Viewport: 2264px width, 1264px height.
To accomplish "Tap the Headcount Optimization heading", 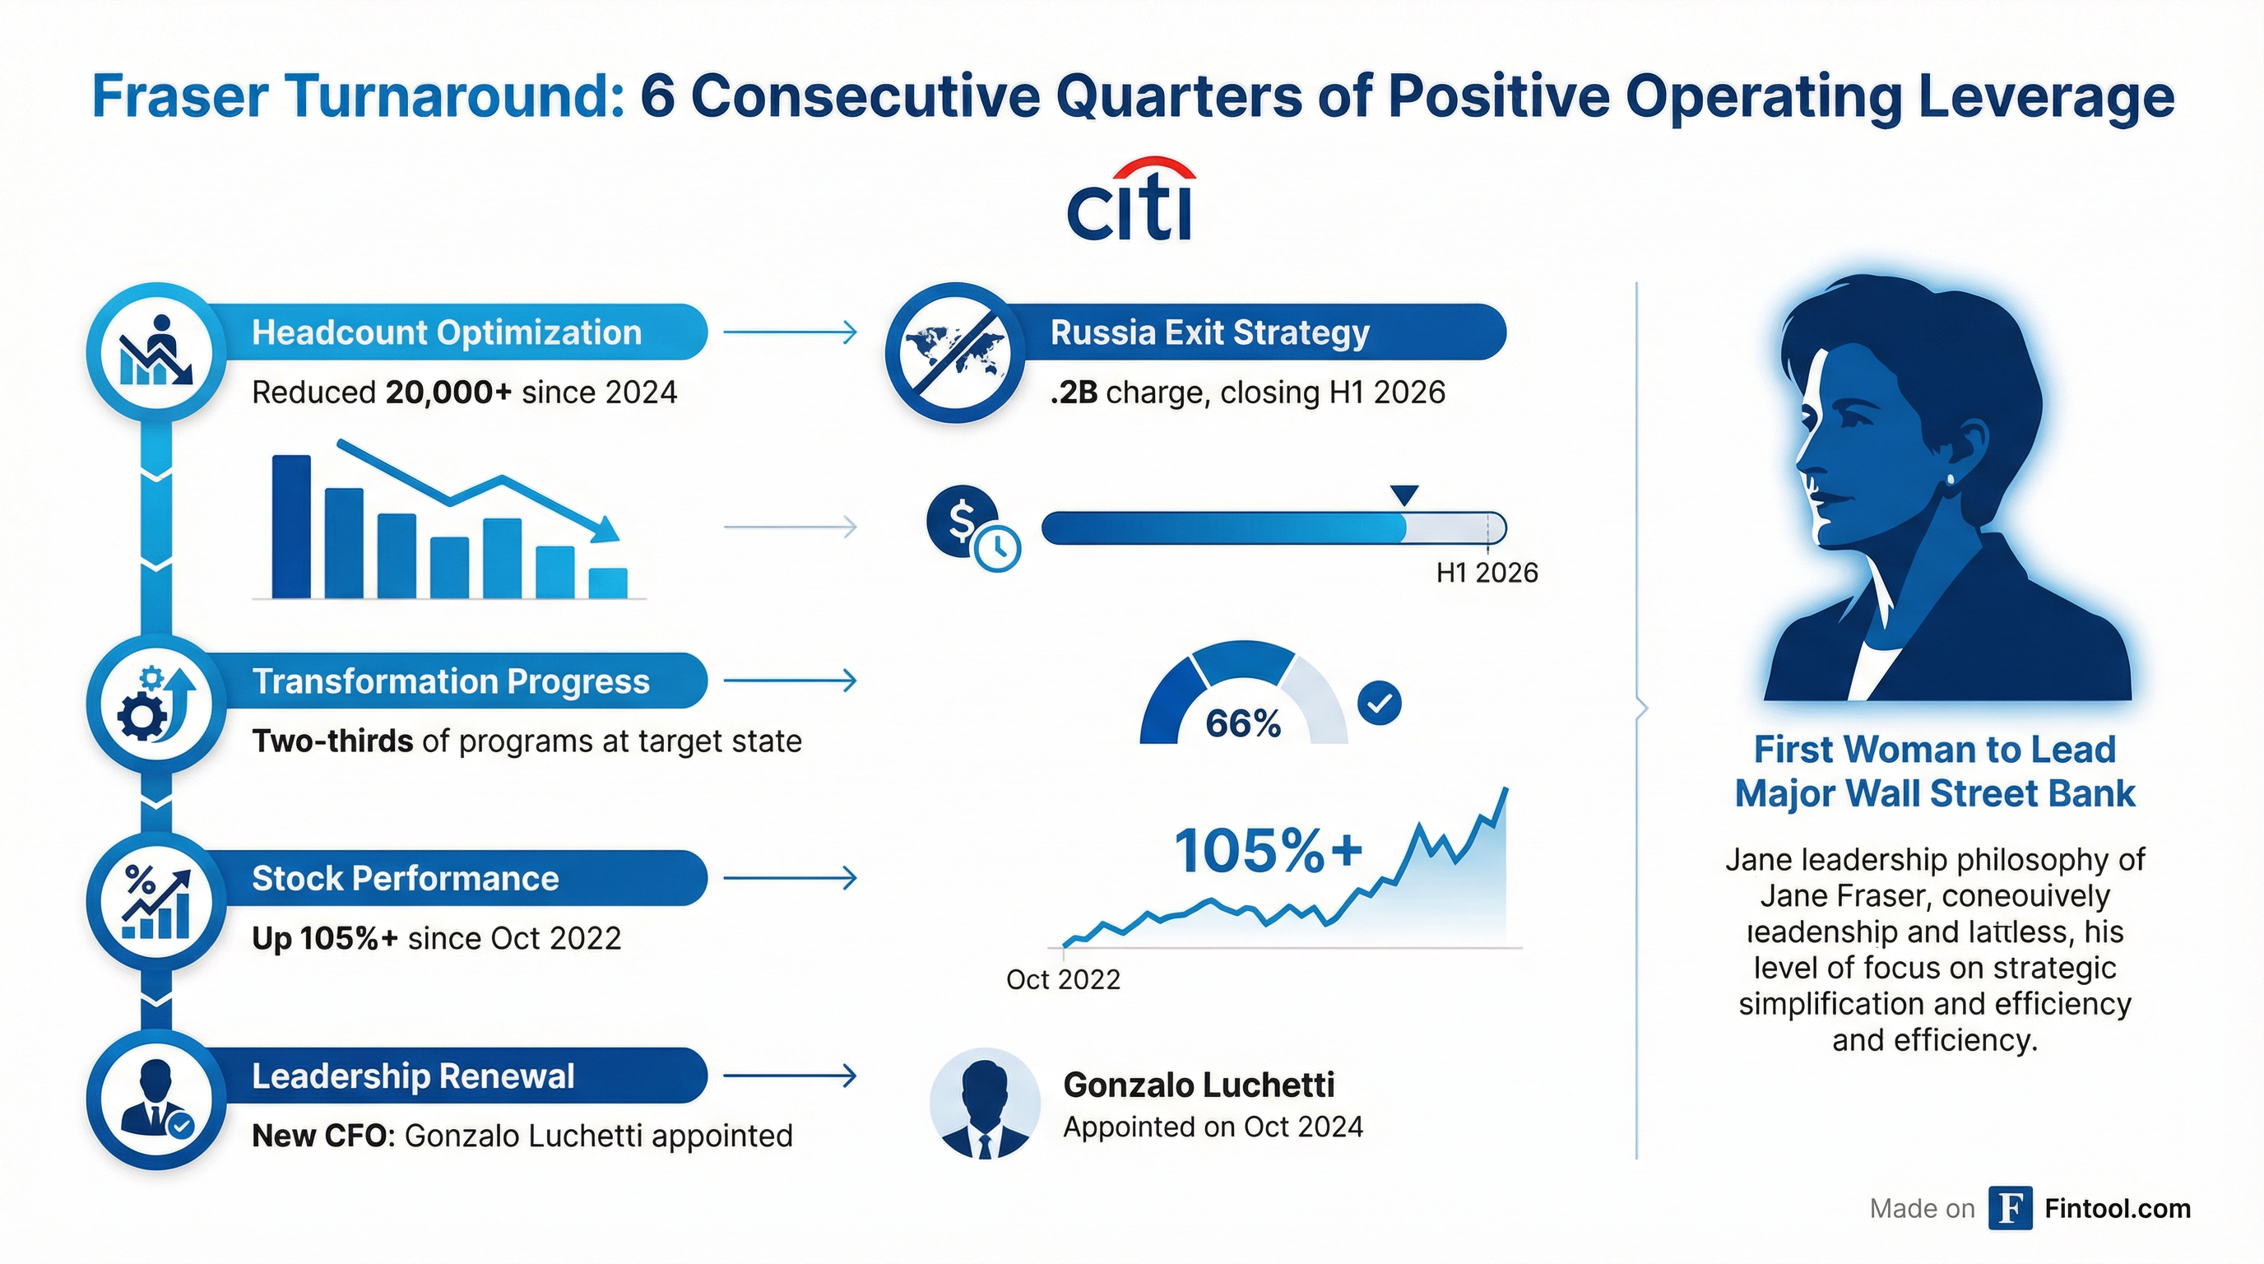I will pyautogui.click(x=447, y=332).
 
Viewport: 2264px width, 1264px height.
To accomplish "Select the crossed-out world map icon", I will pyautogui.click(x=955, y=352).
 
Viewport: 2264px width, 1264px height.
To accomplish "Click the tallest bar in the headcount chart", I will pyautogui.click(x=291, y=527).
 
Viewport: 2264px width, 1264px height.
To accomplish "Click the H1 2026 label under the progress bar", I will pyautogui.click(x=1487, y=573).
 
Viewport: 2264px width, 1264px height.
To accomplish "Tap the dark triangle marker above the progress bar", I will pyautogui.click(x=1404, y=494).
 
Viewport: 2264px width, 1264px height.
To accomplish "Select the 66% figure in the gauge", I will pyautogui.click(x=1243, y=723).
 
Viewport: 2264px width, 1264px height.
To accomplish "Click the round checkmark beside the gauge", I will pyautogui.click(x=1379, y=704).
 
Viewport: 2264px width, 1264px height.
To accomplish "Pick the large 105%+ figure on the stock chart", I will pyautogui.click(x=1268, y=851).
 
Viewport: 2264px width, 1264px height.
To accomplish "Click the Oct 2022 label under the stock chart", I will pyautogui.click(x=1063, y=979).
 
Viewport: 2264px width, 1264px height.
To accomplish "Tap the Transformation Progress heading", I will pyautogui.click(x=451, y=681).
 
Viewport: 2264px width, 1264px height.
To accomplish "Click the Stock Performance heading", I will pyautogui.click(x=405, y=878).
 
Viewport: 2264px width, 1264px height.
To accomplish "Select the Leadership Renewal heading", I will pyautogui.click(x=413, y=1076).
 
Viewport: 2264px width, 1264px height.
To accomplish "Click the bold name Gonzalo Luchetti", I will pyautogui.click(x=1198, y=1085).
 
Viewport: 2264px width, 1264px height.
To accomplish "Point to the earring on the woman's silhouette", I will pyautogui.click(x=1951, y=479).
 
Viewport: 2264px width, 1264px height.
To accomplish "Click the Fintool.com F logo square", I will pyautogui.click(x=2010, y=1209).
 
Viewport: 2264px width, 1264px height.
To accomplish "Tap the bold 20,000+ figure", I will pyautogui.click(x=448, y=392).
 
